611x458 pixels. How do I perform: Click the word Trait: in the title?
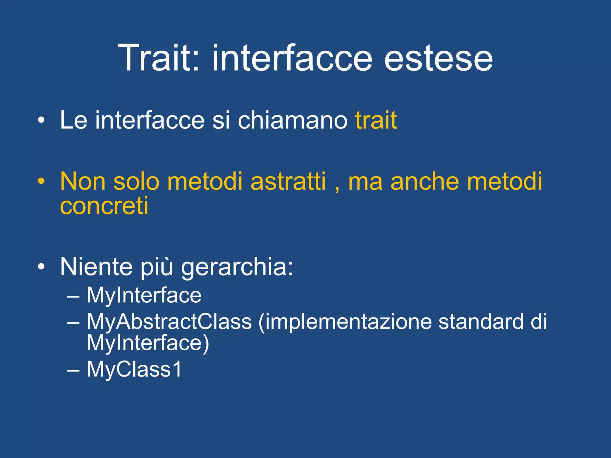tap(158, 58)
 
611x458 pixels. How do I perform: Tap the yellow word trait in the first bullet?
tap(376, 120)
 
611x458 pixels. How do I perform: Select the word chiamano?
tap(292, 120)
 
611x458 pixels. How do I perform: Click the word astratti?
tap(288, 181)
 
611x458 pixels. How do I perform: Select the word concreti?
tap(104, 206)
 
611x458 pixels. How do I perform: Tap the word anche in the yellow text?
tap(425, 181)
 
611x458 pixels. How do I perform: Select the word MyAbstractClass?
tap(169, 322)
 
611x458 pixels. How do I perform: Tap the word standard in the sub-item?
tap(481, 322)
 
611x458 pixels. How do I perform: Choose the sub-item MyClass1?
tap(134, 369)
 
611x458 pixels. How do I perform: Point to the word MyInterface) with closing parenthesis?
tap(148, 343)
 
